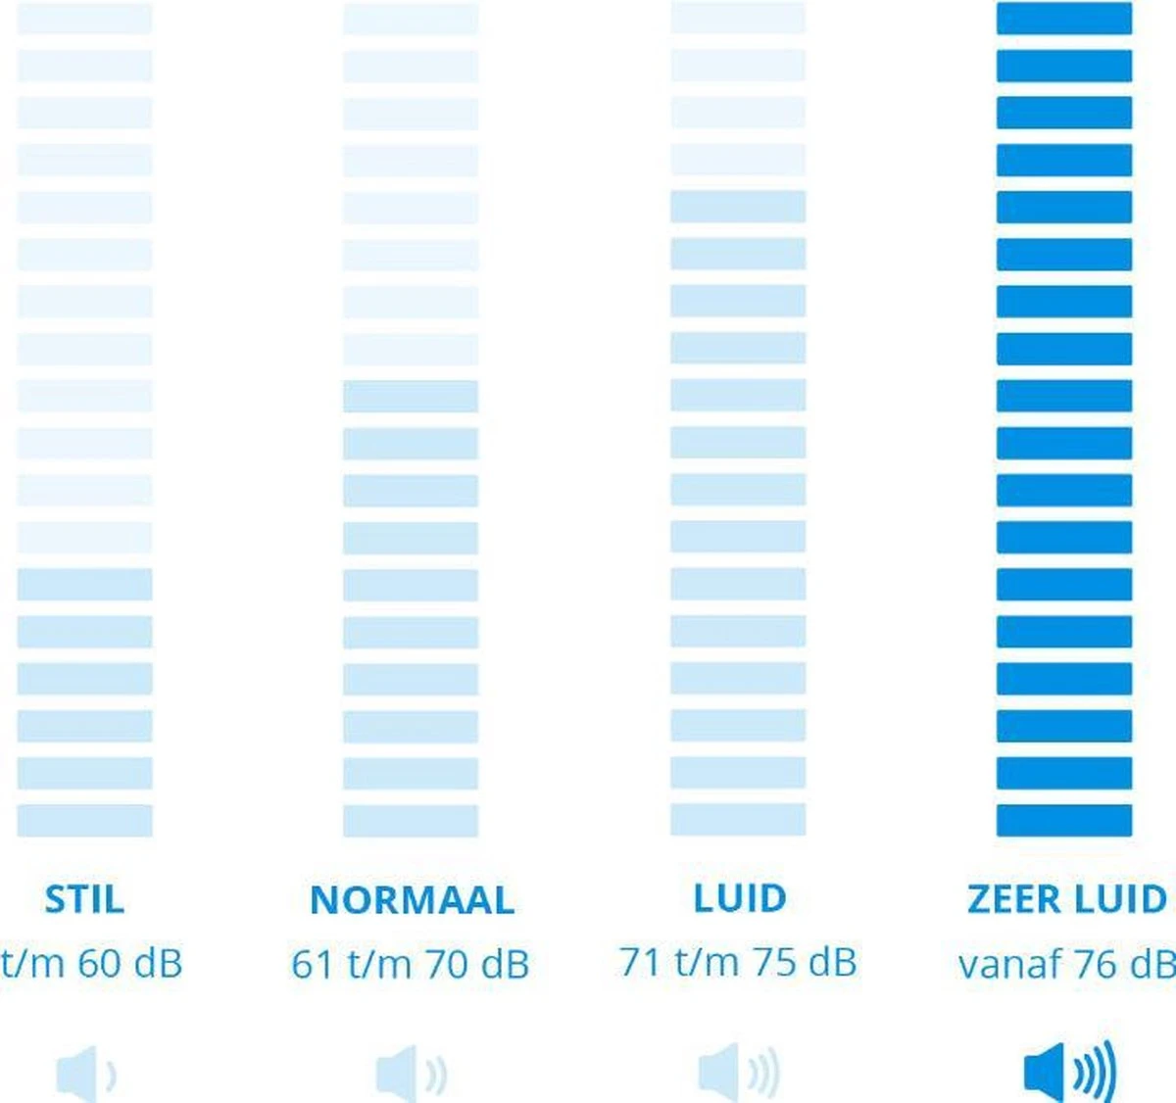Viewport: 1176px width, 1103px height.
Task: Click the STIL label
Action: [x=84, y=899]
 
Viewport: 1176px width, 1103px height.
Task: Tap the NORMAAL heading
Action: [x=412, y=900]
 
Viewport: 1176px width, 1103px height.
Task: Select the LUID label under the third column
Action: [x=740, y=898]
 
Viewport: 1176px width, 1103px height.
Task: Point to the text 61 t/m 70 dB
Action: [x=410, y=965]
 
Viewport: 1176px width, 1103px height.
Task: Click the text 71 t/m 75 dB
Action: [x=738, y=963]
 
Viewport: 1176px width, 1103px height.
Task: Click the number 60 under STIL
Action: [x=99, y=964]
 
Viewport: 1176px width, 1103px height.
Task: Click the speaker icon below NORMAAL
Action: [x=411, y=1074]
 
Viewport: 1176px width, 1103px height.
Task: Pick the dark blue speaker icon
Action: [x=1068, y=1072]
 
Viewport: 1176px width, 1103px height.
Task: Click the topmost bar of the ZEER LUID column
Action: [x=1064, y=19]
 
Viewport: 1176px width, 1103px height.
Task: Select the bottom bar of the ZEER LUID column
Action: [x=1064, y=820]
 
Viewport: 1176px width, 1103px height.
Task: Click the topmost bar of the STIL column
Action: [x=85, y=19]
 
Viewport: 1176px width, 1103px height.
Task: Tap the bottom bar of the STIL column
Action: [x=85, y=820]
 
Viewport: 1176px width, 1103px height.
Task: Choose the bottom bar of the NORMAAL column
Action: [x=411, y=820]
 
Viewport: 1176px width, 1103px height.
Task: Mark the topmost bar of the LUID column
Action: [x=738, y=19]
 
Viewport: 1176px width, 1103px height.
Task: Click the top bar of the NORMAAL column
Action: [x=411, y=19]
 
